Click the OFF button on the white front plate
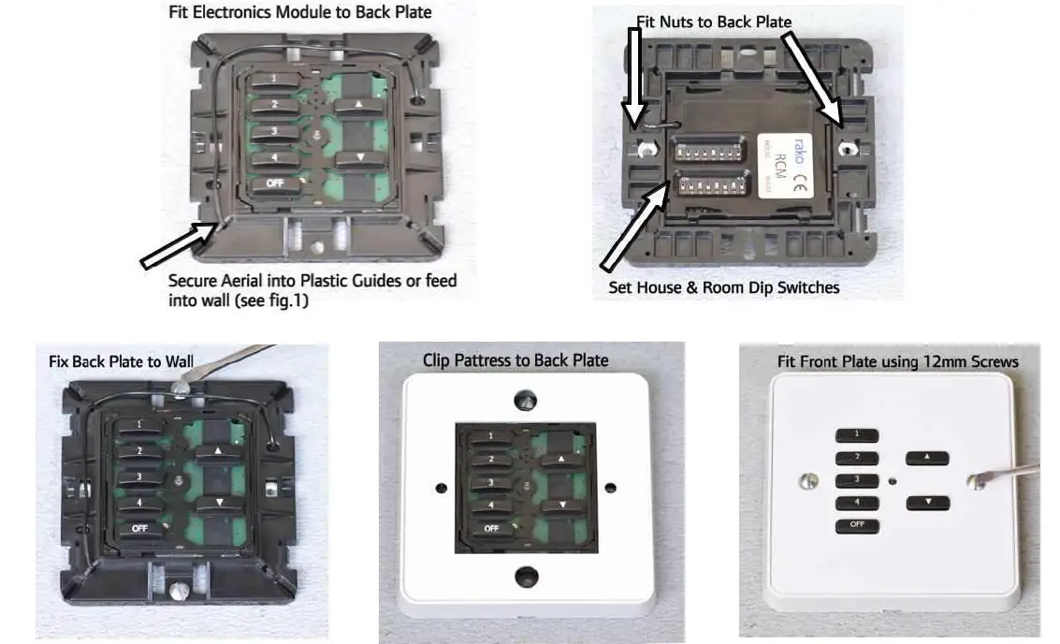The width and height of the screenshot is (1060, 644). [857, 525]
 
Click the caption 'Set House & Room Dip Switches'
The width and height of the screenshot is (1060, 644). [723, 287]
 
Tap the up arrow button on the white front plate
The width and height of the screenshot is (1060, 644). [926, 458]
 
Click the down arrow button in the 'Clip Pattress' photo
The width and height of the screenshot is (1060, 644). [559, 505]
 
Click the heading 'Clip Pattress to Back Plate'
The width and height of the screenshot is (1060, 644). [515, 360]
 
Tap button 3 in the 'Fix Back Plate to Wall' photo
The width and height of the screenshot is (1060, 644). [138, 476]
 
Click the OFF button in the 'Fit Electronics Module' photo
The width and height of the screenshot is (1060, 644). [274, 183]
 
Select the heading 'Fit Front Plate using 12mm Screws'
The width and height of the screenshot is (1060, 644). [897, 360]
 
